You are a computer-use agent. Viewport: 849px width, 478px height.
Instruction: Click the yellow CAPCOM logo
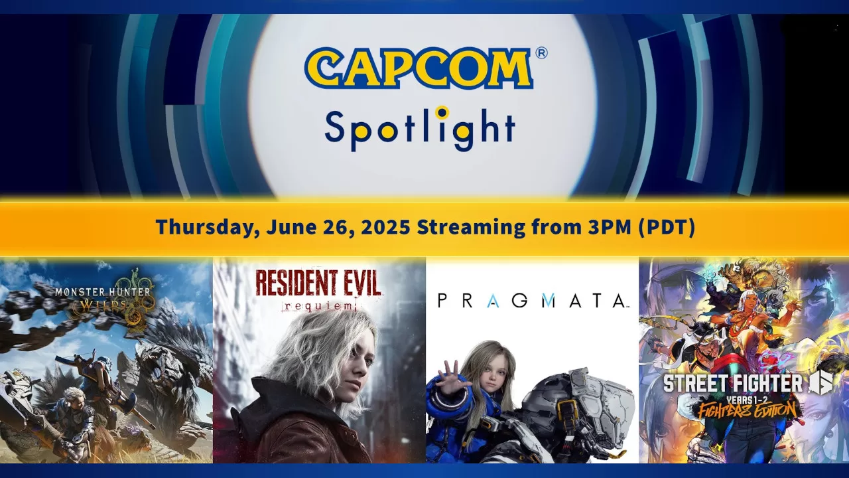419,68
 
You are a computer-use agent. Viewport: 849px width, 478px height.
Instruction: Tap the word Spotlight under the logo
419,129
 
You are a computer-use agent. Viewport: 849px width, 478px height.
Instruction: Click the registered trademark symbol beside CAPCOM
541,53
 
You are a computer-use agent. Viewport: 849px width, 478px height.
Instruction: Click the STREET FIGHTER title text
733,384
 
